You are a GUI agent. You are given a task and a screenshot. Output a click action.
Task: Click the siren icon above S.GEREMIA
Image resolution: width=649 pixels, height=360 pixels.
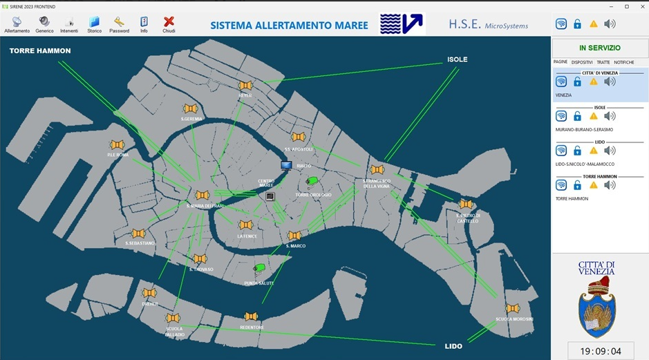point(191,109)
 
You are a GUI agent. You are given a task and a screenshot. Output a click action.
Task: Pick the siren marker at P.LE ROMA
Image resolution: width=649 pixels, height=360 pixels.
point(117,144)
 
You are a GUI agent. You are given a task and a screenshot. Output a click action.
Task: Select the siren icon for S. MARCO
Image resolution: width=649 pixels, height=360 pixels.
point(294,236)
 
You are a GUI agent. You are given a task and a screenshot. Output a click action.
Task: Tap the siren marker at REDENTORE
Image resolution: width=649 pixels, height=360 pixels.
point(251,316)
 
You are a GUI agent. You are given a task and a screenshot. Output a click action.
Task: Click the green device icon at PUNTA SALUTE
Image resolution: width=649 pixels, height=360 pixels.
point(260,269)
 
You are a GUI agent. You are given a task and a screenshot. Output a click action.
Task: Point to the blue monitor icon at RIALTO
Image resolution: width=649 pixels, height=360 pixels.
point(286,166)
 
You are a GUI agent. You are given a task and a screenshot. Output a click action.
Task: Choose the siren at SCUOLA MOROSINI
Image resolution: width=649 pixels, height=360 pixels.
point(512,308)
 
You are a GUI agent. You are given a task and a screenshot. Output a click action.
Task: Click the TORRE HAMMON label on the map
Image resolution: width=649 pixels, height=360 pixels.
point(40,50)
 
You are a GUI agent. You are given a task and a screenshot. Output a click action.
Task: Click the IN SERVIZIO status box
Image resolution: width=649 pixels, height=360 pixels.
point(599,48)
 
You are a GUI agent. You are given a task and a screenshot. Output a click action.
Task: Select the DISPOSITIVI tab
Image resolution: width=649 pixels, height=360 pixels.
point(582,62)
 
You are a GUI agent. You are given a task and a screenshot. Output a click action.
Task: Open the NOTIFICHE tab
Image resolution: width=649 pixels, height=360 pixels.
point(623,62)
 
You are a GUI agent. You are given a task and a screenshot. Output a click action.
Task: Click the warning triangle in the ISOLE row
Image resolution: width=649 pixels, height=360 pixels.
point(593,116)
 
